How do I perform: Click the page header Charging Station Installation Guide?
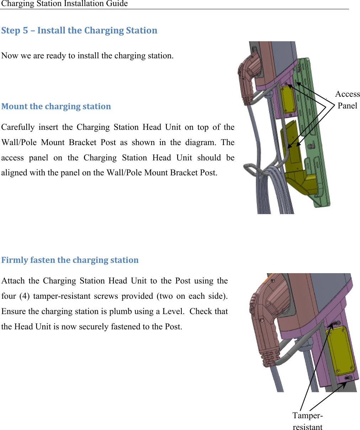[64, 4]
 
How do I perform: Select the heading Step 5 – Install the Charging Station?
[79, 31]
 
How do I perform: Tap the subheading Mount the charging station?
[56, 106]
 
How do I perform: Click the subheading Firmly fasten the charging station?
[70, 260]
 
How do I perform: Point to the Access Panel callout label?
[347, 100]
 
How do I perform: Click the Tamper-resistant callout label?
[307, 421]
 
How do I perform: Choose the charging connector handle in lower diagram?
[267, 320]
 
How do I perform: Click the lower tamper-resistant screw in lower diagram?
[349, 378]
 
